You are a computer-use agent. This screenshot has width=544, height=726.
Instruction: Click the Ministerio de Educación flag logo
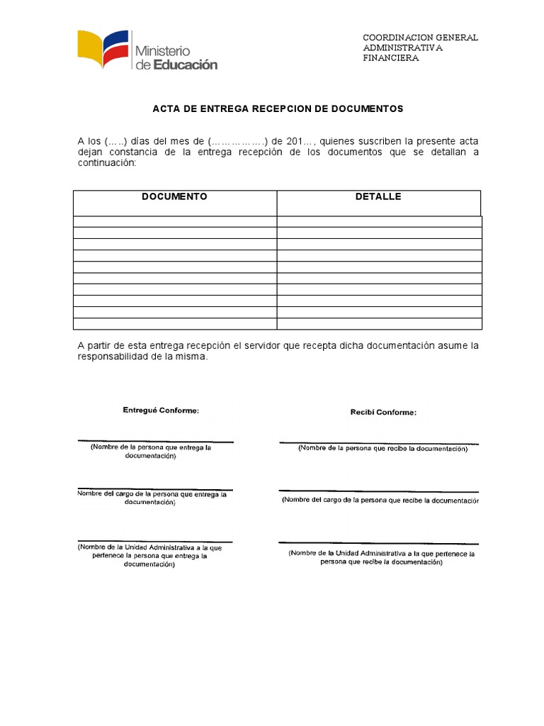pyautogui.click(x=104, y=50)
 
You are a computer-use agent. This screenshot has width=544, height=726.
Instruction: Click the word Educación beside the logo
pyautogui.click(x=185, y=65)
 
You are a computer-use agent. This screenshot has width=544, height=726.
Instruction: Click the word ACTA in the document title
pyautogui.click(x=165, y=108)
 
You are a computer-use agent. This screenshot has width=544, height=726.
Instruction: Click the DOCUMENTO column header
pyautogui.click(x=174, y=196)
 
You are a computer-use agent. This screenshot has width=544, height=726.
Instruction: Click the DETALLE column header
pyautogui.click(x=378, y=196)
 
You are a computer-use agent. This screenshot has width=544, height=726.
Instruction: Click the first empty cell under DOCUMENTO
pyautogui.click(x=174, y=221)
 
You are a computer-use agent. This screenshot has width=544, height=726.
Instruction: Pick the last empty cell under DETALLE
pyautogui.click(x=379, y=324)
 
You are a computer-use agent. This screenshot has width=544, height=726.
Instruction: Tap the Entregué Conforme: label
pyautogui.click(x=161, y=411)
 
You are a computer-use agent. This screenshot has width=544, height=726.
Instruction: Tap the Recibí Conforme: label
pyautogui.click(x=383, y=412)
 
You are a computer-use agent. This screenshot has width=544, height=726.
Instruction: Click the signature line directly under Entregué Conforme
pyautogui.click(x=155, y=440)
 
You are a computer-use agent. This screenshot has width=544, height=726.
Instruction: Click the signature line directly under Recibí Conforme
pyautogui.click(x=378, y=443)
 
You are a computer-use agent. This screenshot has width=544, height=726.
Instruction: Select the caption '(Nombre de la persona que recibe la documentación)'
pyautogui.click(x=382, y=449)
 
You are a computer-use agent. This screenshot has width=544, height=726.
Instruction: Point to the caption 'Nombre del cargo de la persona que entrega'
pyautogui.click(x=152, y=494)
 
